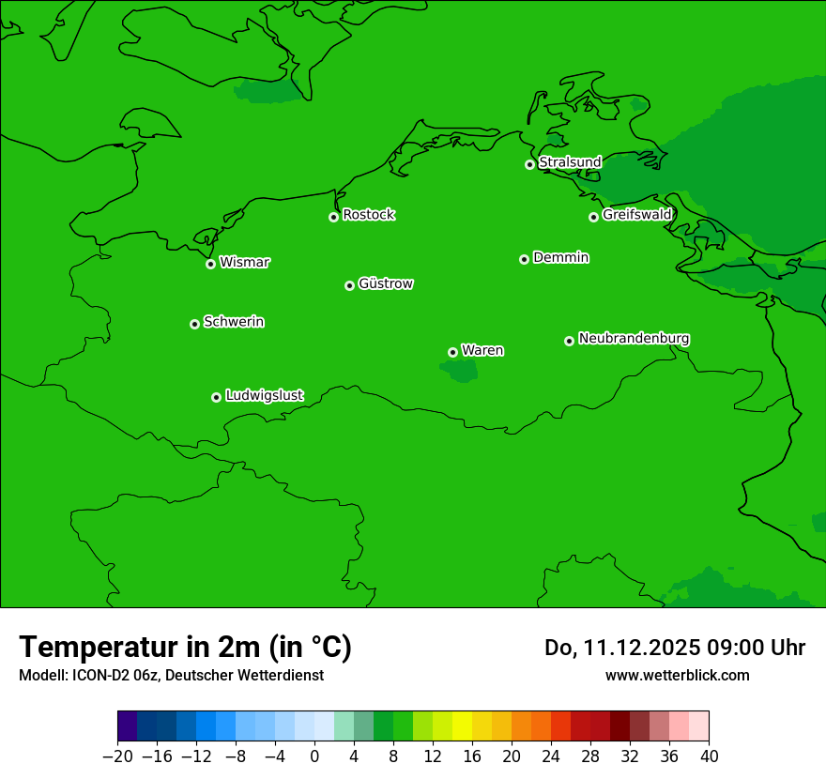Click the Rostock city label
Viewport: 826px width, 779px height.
click(x=368, y=215)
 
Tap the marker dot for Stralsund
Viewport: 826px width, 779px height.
click(x=529, y=164)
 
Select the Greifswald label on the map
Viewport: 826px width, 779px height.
click(x=636, y=215)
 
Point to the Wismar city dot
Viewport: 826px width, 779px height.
click(x=210, y=264)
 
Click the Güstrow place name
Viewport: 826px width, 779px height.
click(x=385, y=283)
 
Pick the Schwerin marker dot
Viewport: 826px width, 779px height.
click(x=194, y=324)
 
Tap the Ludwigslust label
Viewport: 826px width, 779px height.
click(x=264, y=395)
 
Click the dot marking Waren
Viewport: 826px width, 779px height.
click(x=452, y=352)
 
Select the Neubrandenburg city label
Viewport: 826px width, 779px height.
click(x=634, y=338)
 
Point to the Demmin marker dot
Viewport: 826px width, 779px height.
click(x=524, y=259)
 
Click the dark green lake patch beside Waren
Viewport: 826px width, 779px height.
click(x=461, y=373)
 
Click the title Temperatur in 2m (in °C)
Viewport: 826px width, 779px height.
click(x=186, y=647)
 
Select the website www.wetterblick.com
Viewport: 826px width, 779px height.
click(x=677, y=675)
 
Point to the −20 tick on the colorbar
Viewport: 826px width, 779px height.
click(x=117, y=756)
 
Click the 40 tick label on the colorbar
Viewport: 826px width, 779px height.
click(x=709, y=756)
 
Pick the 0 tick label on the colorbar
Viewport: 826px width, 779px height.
click(x=314, y=756)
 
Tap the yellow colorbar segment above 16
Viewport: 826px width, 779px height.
click(x=463, y=726)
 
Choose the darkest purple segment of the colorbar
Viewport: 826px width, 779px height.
click(x=128, y=726)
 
